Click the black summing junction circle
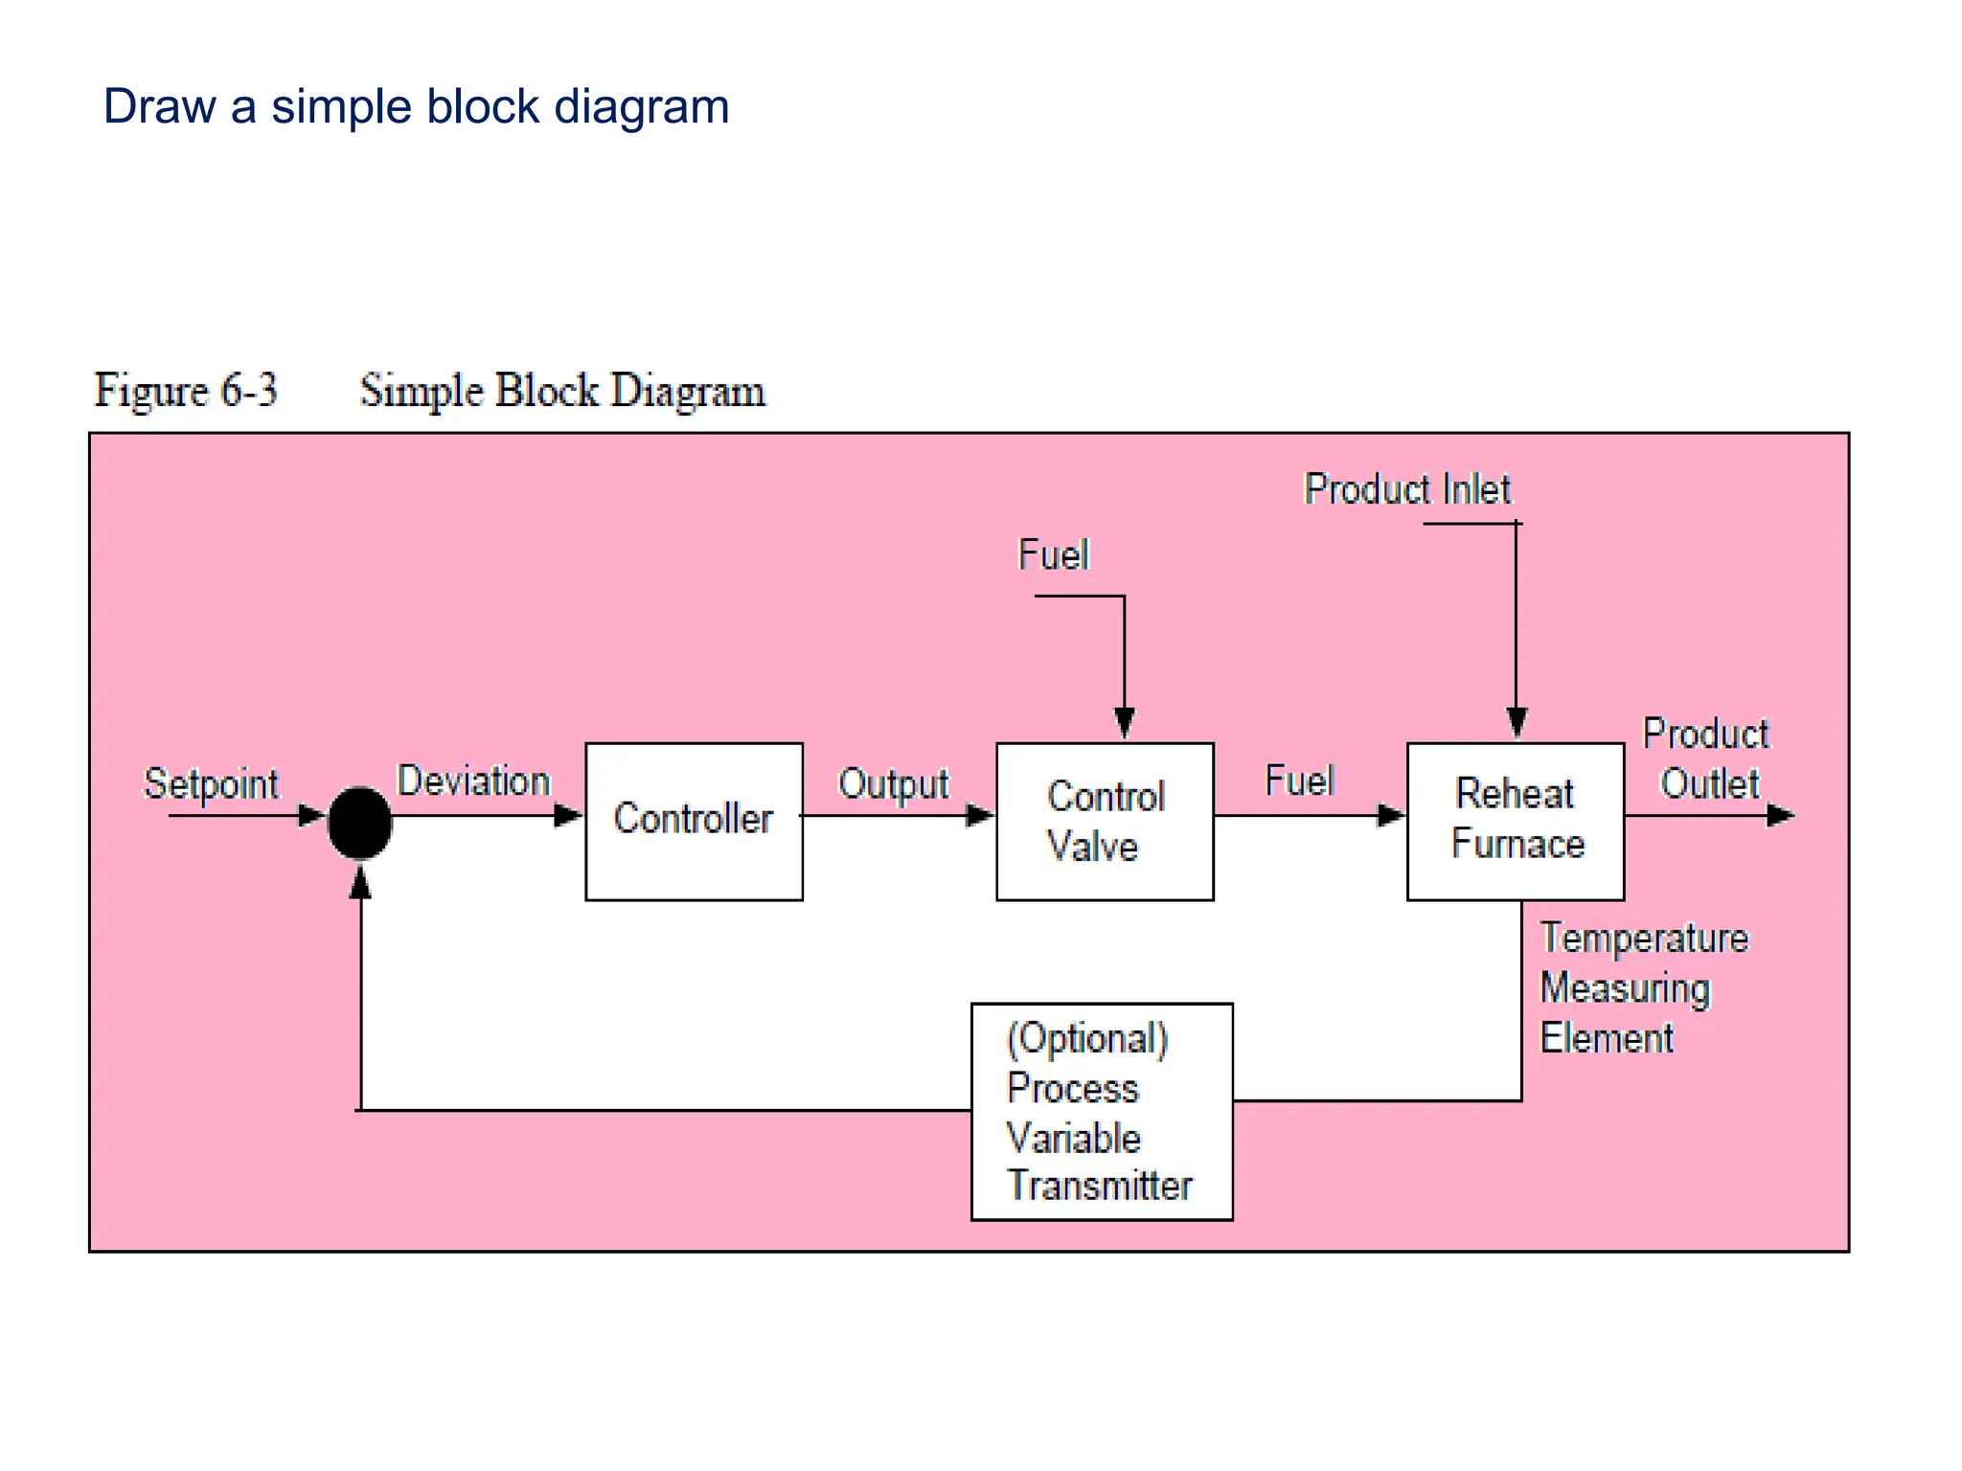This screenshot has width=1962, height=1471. coord(359,823)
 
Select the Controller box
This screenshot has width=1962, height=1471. coord(694,821)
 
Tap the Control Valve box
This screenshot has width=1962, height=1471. coord(1105,821)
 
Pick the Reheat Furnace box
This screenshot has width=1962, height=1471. coord(1515,821)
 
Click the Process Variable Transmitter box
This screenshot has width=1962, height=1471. coord(1102,1111)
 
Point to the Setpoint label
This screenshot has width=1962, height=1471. coord(211,783)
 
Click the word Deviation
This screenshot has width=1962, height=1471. coord(473,781)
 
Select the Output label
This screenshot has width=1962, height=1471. coord(893,783)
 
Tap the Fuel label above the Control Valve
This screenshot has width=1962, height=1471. coord(1053,554)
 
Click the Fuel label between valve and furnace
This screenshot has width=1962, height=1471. coord(1299,781)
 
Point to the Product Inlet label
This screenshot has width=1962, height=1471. coord(1407,489)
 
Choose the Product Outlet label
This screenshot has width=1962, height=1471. coord(1706,758)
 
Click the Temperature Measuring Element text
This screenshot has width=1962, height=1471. coord(1643,987)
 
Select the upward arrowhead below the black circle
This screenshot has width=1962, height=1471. coord(360,882)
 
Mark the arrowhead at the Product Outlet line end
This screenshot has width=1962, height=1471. coord(1780,816)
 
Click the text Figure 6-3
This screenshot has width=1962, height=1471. coord(186,391)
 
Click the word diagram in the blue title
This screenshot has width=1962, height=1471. coord(641,106)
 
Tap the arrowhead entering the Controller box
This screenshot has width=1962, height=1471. coord(568,816)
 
